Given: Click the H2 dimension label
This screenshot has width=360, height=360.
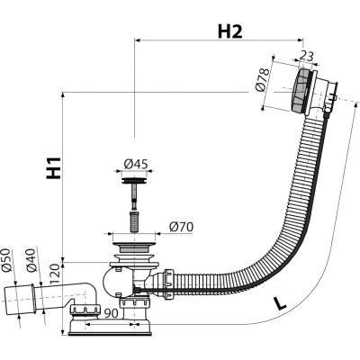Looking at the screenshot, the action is tap(229, 31).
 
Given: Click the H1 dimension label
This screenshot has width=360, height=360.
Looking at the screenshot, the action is tap(54, 167).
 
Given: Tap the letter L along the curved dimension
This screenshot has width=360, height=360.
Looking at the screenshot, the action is tap(281, 303).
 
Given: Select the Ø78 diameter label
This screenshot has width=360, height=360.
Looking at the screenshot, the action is tap(261, 80).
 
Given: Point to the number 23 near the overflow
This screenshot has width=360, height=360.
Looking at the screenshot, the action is tap(306, 56).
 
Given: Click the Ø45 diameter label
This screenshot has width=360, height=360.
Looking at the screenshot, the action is tap(136, 164).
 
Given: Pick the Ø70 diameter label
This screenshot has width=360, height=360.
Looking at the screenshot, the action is tap(181, 227).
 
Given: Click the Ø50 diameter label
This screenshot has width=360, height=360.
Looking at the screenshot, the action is tap(6, 260).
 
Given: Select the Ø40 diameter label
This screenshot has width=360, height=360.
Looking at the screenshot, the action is tap(31, 260).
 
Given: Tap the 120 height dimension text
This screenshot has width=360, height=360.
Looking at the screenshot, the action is tap(56, 274).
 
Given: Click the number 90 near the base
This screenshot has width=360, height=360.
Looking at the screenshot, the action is tap(111, 313).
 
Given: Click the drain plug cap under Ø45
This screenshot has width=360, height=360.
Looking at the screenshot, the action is tap(134, 181).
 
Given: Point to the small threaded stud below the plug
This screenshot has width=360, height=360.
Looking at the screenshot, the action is tap(134, 221).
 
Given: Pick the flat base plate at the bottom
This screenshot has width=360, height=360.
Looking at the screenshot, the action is tap(111, 329).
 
